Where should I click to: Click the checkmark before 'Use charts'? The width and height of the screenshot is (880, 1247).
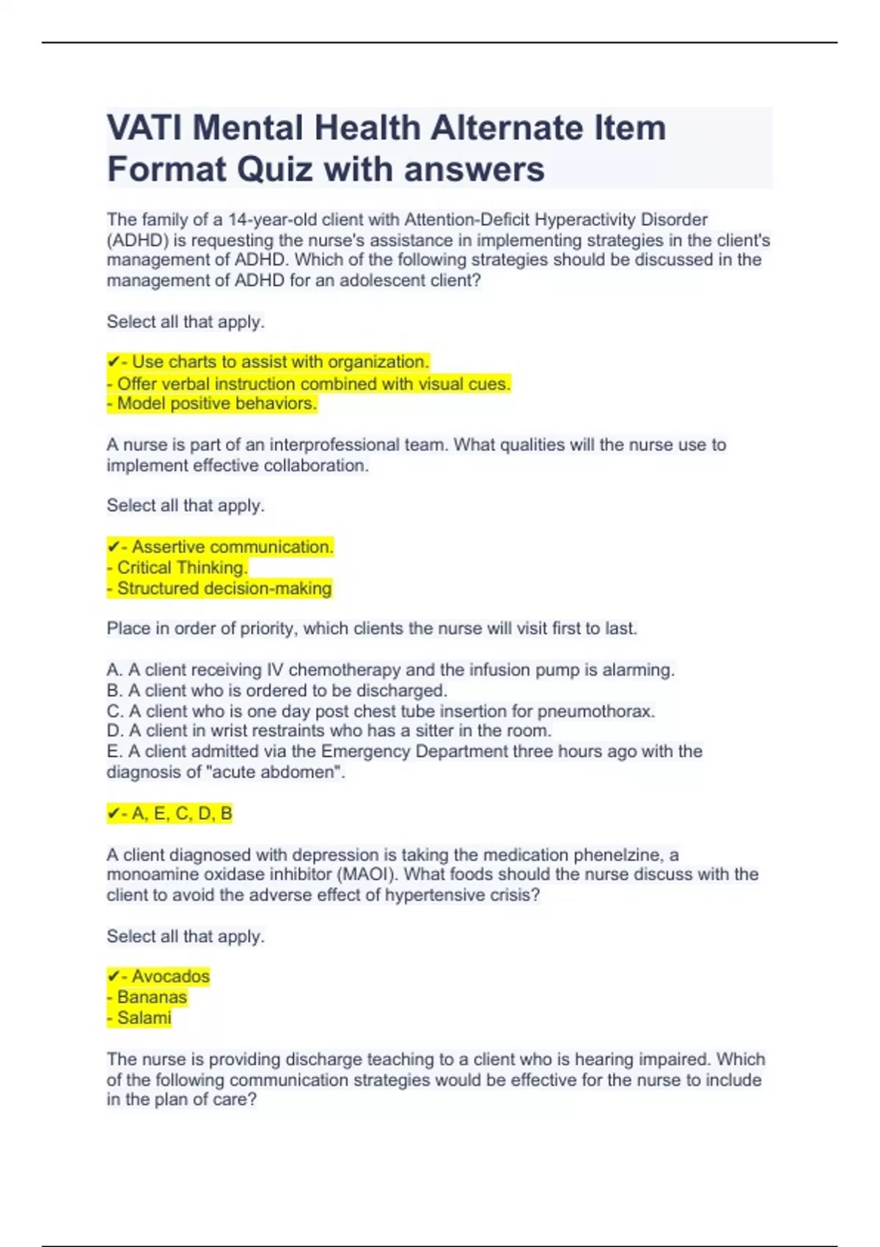(x=113, y=362)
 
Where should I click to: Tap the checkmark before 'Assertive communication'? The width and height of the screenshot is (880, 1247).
(x=113, y=547)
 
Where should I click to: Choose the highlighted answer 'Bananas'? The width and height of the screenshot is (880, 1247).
(x=152, y=997)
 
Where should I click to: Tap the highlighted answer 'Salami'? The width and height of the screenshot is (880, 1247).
(x=144, y=1017)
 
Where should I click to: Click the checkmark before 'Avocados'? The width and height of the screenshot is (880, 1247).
(x=113, y=976)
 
